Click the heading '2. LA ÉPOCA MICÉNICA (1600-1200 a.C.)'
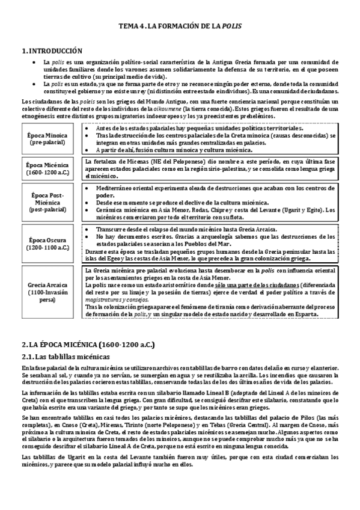tap(88, 345)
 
